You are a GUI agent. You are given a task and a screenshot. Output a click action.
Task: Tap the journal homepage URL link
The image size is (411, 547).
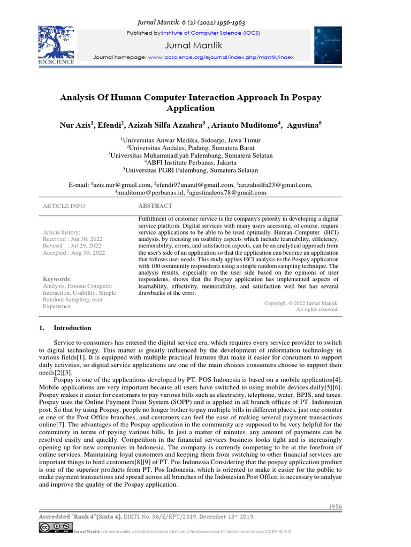click(x=220, y=57)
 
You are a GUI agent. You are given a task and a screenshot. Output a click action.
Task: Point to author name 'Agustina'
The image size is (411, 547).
click(x=302, y=125)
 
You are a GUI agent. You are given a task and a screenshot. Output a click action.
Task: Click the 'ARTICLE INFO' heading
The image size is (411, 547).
click(x=64, y=206)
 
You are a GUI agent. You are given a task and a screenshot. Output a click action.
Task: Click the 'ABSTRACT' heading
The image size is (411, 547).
click(x=155, y=206)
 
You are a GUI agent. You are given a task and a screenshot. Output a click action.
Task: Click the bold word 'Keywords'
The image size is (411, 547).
click(x=56, y=279)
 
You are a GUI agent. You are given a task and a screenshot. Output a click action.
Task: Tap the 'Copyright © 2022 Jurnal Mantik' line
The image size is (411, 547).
click(x=301, y=303)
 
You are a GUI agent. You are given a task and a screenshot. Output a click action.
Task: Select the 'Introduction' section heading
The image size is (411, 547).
click(x=72, y=328)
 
